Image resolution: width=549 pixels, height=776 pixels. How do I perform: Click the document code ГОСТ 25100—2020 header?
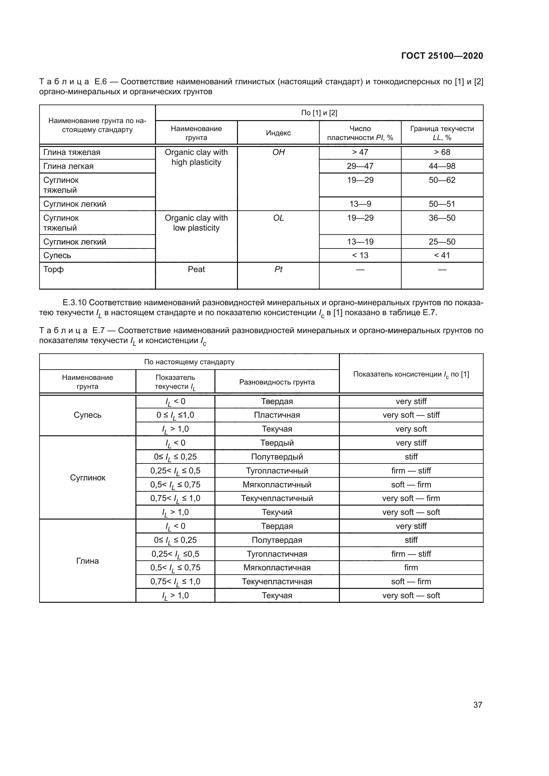[442, 56]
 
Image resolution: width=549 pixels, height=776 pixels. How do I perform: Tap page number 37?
[477, 705]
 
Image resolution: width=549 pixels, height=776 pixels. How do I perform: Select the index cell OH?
[278, 152]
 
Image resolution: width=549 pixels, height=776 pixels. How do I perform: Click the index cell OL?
[278, 218]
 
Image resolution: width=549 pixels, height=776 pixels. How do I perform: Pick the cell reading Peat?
[196, 269]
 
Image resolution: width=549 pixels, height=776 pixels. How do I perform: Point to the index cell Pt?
[278, 269]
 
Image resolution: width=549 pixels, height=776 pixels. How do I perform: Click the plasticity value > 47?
[360, 152]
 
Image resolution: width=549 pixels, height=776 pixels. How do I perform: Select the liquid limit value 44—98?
[442, 166]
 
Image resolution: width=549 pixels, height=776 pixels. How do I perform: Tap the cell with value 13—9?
[360, 204]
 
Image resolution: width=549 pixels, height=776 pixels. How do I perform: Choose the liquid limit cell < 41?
[442, 255]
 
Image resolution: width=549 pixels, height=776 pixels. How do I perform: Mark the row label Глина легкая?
[68, 166]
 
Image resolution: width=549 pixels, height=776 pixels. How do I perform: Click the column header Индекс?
[278, 133]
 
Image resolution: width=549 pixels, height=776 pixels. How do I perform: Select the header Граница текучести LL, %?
[442, 133]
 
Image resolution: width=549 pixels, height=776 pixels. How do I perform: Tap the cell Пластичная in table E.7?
[277, 415]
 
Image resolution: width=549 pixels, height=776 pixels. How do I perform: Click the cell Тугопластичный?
[277, 471]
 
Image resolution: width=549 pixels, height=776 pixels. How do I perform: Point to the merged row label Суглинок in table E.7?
[88, 477]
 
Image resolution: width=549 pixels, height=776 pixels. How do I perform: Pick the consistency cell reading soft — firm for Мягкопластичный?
[411, 485]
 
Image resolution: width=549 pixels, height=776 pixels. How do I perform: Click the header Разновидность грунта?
[277, 382]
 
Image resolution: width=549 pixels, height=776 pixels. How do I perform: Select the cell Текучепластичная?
[277, 582]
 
